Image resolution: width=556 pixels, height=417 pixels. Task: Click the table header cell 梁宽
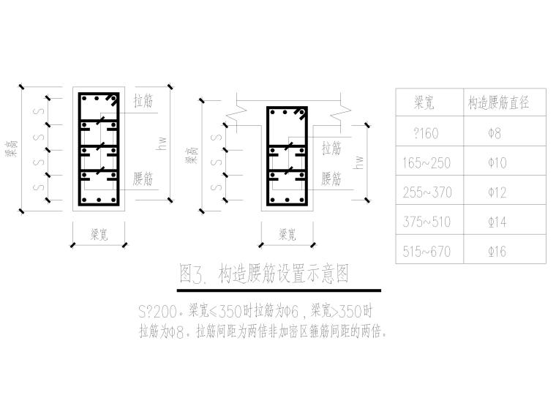[x=424, y=104]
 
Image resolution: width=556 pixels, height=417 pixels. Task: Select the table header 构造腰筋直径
[x=498, y=104]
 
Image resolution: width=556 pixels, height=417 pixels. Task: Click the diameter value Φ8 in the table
[x=497, y=134]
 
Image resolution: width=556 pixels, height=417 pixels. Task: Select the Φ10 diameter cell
[x=497, y=163]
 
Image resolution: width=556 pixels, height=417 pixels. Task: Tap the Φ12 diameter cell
[x=497, y=193]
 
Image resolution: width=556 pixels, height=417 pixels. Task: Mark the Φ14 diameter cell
[x=497, y=222]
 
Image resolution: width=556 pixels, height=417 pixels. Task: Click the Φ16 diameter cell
[x=497, y=252]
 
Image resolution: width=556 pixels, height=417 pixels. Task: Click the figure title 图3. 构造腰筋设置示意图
[x=263, y=274]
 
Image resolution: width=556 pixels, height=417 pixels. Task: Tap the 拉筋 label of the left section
[x=144, y=102]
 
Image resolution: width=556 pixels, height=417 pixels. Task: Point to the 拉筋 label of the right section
[x=331, y=149]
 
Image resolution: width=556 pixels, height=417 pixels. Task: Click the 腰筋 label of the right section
[x=331, y=179]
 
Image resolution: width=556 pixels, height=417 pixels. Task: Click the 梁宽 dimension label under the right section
[x=287, y=235]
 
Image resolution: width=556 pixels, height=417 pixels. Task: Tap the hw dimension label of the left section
[x=162, y=144]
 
